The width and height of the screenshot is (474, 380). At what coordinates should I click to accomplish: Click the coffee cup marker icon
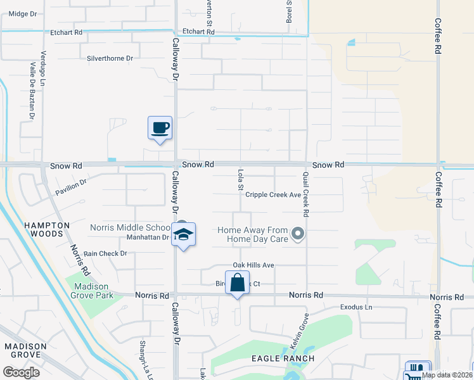coord(160,128)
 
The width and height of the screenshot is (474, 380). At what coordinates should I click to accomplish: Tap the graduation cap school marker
coord(184,235)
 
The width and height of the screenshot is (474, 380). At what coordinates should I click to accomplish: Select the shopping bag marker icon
coord(237,283)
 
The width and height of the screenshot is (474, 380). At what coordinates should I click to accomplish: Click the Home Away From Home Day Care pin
coord(298,235)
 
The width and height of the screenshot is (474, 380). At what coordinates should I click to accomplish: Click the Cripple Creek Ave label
coord(273,195)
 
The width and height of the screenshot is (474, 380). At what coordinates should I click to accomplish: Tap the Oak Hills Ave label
coord(253,265)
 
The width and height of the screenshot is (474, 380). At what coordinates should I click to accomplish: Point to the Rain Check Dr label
coord(105,253)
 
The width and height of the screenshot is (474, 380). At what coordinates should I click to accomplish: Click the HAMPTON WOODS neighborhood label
coord(44,229)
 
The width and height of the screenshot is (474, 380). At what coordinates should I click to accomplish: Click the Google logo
coord(21,372)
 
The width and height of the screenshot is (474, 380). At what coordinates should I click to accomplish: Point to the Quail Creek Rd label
coord(305,190)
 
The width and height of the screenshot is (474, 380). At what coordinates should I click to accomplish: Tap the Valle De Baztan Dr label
coord(31,92)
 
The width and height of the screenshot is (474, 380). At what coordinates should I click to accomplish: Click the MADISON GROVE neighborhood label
coord(25,351)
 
